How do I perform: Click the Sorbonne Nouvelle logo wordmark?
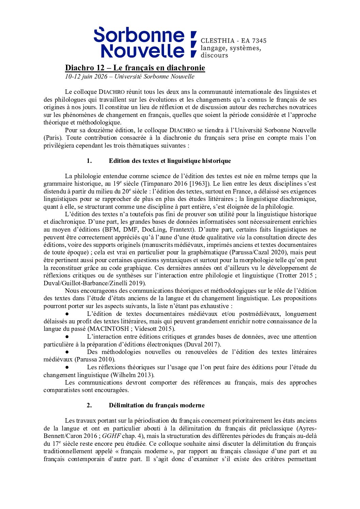(140, 43)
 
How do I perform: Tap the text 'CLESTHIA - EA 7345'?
(233, 41)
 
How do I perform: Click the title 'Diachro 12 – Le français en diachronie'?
(135, 68)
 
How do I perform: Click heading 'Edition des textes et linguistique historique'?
(170, 161)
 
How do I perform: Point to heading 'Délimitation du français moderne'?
(157, 405)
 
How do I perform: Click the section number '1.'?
(89, 161)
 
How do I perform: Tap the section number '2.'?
(89, 405)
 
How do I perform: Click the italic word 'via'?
(241, 237)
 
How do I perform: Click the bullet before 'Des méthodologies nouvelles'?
(67, 352)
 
